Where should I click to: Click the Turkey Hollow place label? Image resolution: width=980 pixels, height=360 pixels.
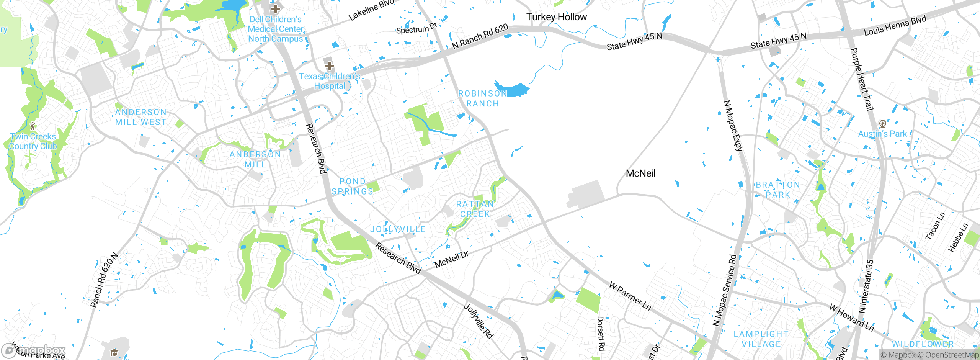click(556, 17)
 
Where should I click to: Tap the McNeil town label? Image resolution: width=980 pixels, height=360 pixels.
click(640, 173)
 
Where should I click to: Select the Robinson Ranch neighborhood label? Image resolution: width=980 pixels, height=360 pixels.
click(482, 98)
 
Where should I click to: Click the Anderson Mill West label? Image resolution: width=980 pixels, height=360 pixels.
click(141, 117)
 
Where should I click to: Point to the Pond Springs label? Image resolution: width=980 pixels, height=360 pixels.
click(352, 187)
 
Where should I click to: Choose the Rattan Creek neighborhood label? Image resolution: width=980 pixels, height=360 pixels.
click(475, 209)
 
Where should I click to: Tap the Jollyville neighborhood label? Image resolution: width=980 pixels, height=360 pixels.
click(398, 229)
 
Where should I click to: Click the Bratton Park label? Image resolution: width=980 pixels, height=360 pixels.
click(778, 190)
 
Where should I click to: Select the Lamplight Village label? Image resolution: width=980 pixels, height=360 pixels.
click(761, 339)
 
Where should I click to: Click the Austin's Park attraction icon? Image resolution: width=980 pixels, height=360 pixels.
click(882, 124)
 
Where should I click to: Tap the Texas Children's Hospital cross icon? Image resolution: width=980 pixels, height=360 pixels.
click(329, 65)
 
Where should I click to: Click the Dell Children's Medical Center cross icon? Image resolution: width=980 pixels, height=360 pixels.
click(275, 8)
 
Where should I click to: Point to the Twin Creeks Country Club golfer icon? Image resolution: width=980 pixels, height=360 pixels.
click(33, 126)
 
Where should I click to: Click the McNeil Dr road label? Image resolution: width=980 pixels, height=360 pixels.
click(451, 260)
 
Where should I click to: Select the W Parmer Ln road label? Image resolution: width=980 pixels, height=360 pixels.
click(630, 296)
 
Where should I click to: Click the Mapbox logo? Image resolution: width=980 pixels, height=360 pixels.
click(34, 350)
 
